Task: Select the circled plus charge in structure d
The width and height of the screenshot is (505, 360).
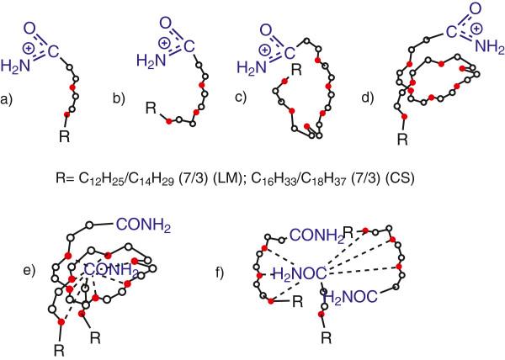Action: click(x=462, y=33)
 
